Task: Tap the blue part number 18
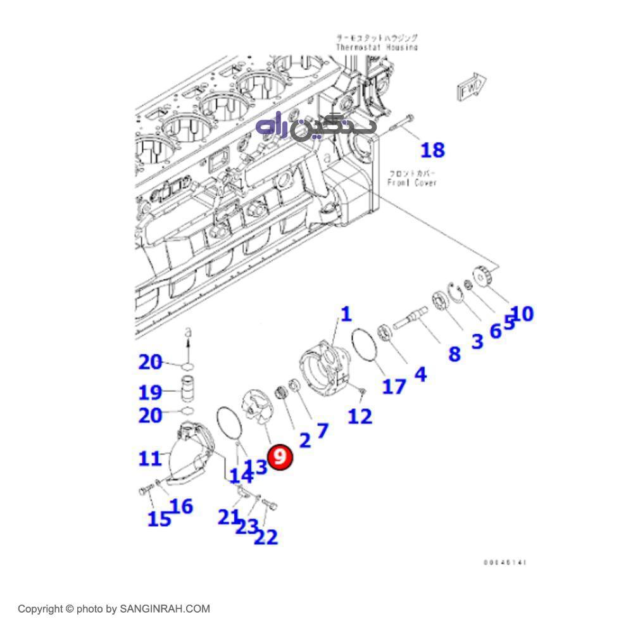(x=433, y=150)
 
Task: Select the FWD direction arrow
(x=471, y=87)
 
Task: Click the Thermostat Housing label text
(x=377, y=43)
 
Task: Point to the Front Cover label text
(x=412, y=178)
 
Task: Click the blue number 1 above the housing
(x=346, y=314)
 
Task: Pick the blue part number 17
(x=394, y=385)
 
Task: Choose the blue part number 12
(x=360, y=416)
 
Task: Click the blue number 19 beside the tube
(x=151, y=392)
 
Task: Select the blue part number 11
(x=150, y=457)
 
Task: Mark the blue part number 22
(x=266, y=537)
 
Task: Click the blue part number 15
(x=159, y=519)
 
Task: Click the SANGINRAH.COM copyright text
(x=113, y=609)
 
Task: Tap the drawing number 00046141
(x=505, y=562)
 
